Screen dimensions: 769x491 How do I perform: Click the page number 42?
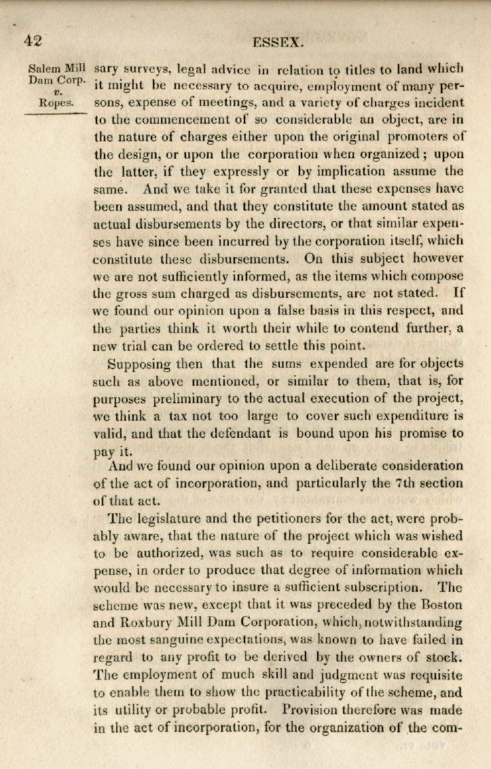click(x=33, y=39)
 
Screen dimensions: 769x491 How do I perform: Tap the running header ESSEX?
click(x=277, y=42)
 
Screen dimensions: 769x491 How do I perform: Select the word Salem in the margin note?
click(x=42, y=69)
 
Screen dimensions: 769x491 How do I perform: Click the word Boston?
click(x=433, y=604)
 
